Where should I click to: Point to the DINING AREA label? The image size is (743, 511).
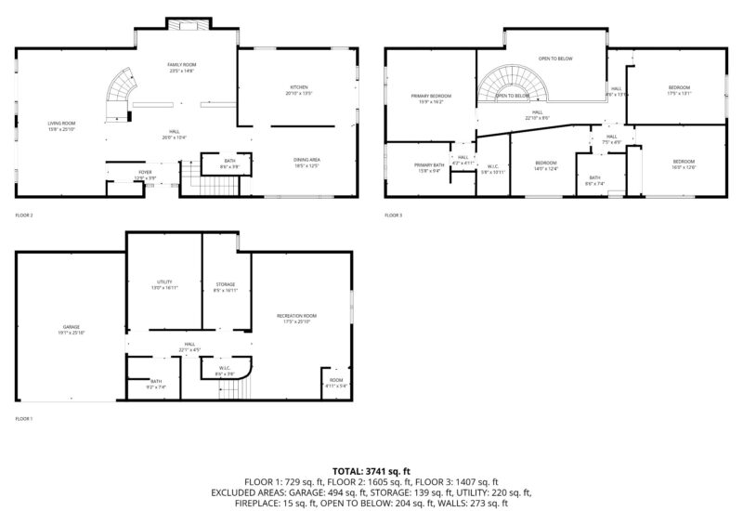coord(306,162)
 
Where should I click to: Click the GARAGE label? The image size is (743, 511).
coord(71,329)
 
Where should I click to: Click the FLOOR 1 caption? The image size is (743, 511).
coord(23,419)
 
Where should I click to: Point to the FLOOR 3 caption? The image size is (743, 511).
coord(394,216)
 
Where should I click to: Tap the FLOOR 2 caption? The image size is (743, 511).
coord(24,216)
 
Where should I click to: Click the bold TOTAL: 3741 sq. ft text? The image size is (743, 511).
coord(371,472)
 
